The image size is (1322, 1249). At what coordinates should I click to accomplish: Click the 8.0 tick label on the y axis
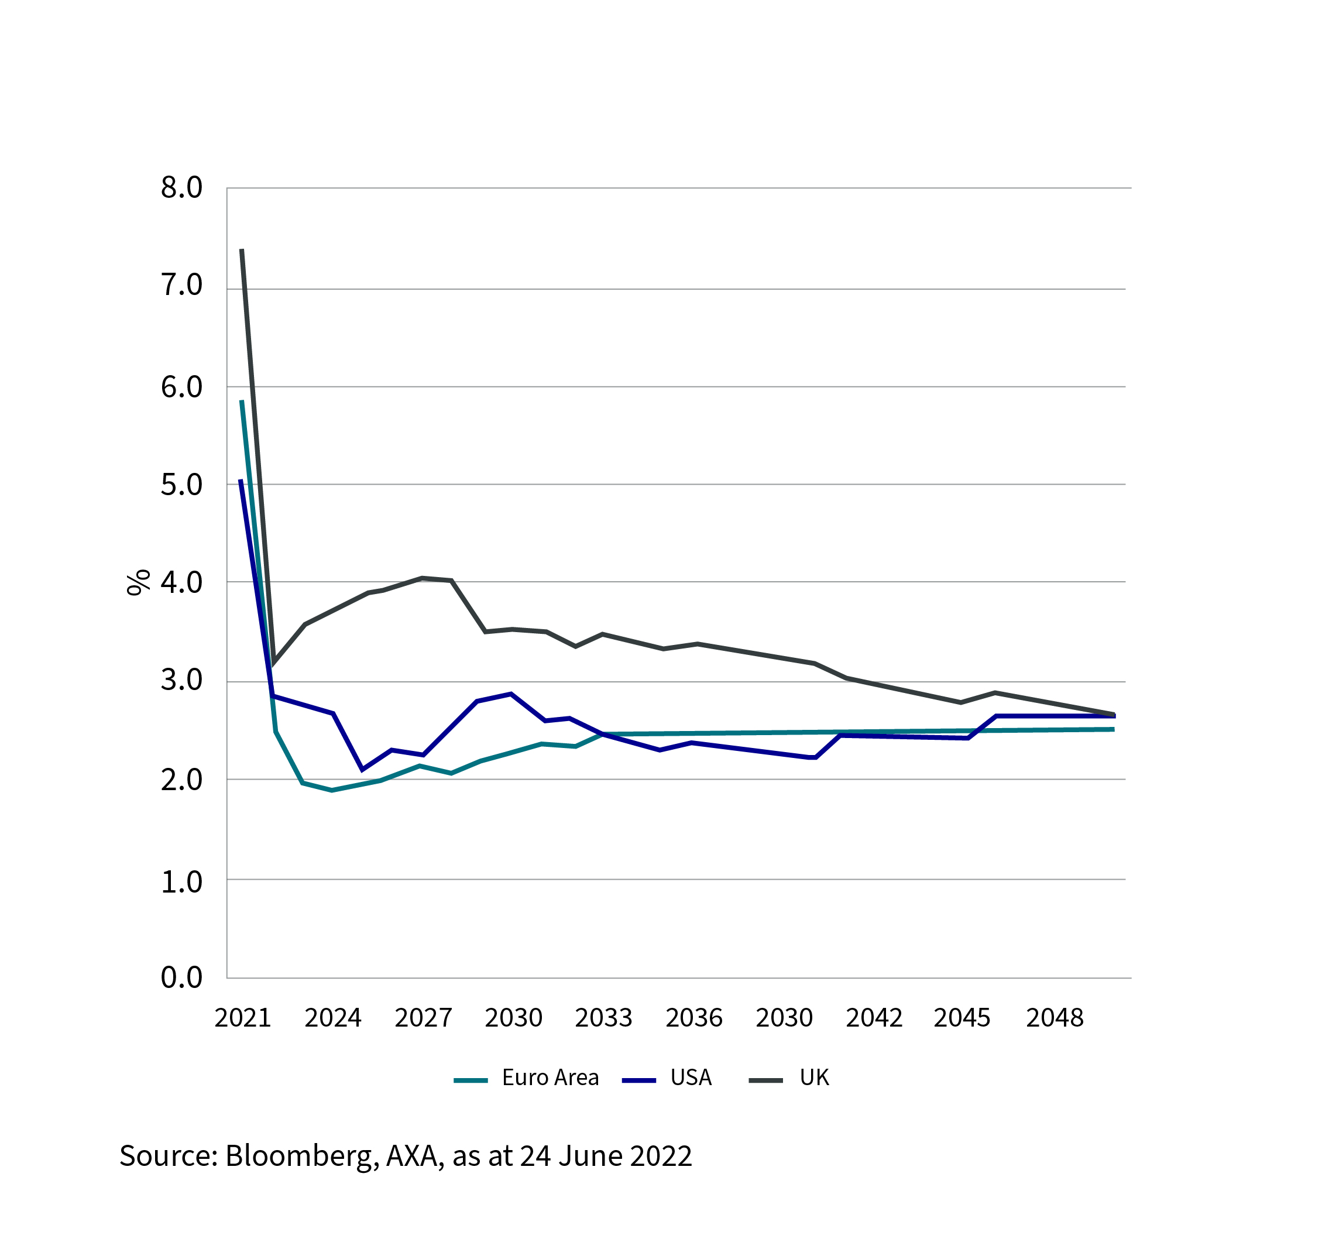[x=181, y=188]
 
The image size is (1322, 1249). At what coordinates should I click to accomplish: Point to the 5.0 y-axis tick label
[x=181, y=485]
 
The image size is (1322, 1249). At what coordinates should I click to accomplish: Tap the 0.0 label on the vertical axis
[x=181, y=977]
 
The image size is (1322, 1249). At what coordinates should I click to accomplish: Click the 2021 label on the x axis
[x=242, y=1018]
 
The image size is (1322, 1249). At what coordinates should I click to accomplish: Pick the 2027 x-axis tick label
[x=423, y=1018]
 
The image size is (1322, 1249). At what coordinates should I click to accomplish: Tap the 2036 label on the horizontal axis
[x=693, y=1018]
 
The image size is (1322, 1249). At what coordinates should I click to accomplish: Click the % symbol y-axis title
[x=139, y=582]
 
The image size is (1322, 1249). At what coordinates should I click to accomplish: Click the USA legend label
[x=691, y=1078]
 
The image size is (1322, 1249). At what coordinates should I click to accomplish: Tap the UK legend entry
[x=814, y=1078]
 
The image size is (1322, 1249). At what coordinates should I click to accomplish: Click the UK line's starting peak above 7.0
[x=242, y=251]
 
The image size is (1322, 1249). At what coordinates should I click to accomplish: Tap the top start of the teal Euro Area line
[x=242, y=402]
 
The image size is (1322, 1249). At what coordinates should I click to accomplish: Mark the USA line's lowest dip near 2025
[x=362, y=770]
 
